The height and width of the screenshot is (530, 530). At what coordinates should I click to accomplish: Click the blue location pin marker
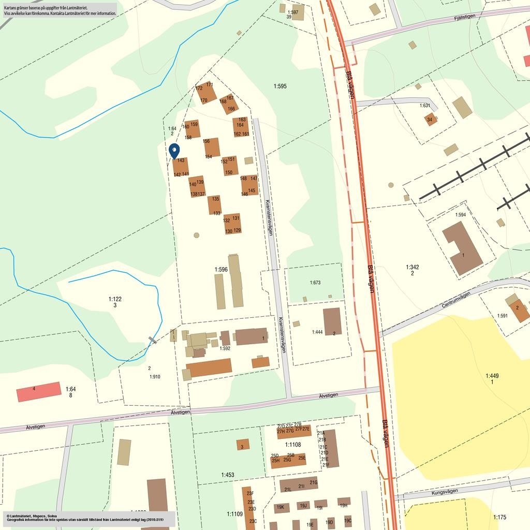pos(174,151)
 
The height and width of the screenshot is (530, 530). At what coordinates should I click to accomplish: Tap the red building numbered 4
pos(39,392)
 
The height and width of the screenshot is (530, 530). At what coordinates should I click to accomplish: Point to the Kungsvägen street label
pos(445,492)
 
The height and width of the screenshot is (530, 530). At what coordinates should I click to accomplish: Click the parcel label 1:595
pos(280,86)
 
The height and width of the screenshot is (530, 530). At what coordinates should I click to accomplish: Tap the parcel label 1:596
pos(221,270)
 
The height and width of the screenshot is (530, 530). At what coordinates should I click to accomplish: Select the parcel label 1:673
pos(315,283)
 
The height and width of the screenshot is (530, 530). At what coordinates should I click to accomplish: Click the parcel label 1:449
pos(492,376)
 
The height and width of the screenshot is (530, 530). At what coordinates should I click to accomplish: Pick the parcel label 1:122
pos(115,299)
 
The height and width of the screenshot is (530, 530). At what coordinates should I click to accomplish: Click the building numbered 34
pos(430,120)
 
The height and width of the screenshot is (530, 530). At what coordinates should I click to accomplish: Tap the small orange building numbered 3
pos(243,445)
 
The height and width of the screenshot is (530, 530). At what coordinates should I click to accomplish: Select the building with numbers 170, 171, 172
pos(205,93)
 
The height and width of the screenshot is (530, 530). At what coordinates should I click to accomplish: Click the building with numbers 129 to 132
pos(232,224)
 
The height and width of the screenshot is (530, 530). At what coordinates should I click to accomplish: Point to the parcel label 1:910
pos(155,377)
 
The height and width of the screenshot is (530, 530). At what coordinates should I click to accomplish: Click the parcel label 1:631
pos(424,106)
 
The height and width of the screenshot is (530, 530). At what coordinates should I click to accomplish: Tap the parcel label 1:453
pos(228,475)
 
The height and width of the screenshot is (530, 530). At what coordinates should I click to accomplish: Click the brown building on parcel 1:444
pos(332,321)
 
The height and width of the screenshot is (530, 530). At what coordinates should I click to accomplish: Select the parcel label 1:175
pos(499,517)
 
